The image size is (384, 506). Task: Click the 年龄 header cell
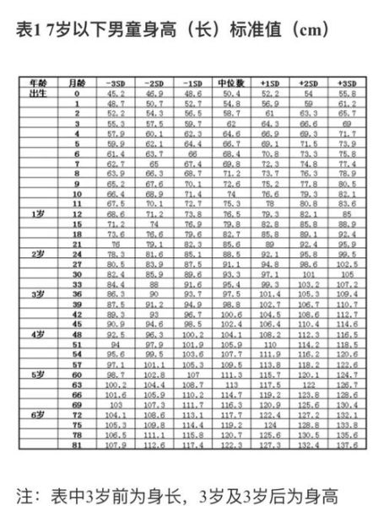pos(38,83)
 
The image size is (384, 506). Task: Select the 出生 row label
pos(38,93)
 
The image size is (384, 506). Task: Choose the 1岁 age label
pos(38,213)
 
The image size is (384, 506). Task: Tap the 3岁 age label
pos(38,293)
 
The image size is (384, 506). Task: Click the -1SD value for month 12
pos(192,213)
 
